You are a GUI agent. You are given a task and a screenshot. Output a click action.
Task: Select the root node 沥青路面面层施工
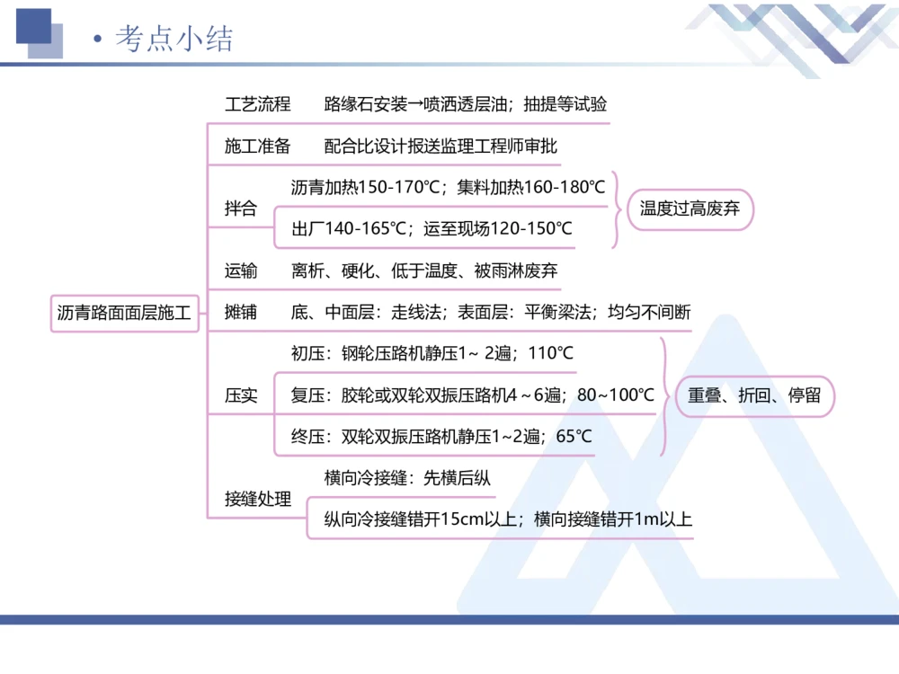point(124,314)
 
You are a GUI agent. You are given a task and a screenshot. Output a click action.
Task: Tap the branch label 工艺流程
point(257,104)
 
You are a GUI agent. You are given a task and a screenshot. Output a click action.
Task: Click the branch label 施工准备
point(257,146)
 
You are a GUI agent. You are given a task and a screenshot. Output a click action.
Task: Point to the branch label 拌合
point(240,208)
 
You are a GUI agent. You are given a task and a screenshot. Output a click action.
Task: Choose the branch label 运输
point(240,270)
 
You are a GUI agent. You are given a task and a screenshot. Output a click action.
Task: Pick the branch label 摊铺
point(240,313)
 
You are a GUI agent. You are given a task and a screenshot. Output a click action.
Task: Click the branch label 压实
point(240,395)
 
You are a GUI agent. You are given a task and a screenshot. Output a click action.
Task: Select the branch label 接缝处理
point(257,499)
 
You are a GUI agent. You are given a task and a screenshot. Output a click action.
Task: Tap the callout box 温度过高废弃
point(690,209)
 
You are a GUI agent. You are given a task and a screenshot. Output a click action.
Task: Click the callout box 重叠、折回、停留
point(754,395)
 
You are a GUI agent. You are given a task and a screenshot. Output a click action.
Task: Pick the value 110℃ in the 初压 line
point(550,354)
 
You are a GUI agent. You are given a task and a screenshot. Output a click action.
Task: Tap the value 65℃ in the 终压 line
point(573,437)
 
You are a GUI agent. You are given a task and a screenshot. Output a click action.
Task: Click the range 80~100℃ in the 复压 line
point(616,395)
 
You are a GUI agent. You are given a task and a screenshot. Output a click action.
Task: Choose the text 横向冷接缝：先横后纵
point(407,478)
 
